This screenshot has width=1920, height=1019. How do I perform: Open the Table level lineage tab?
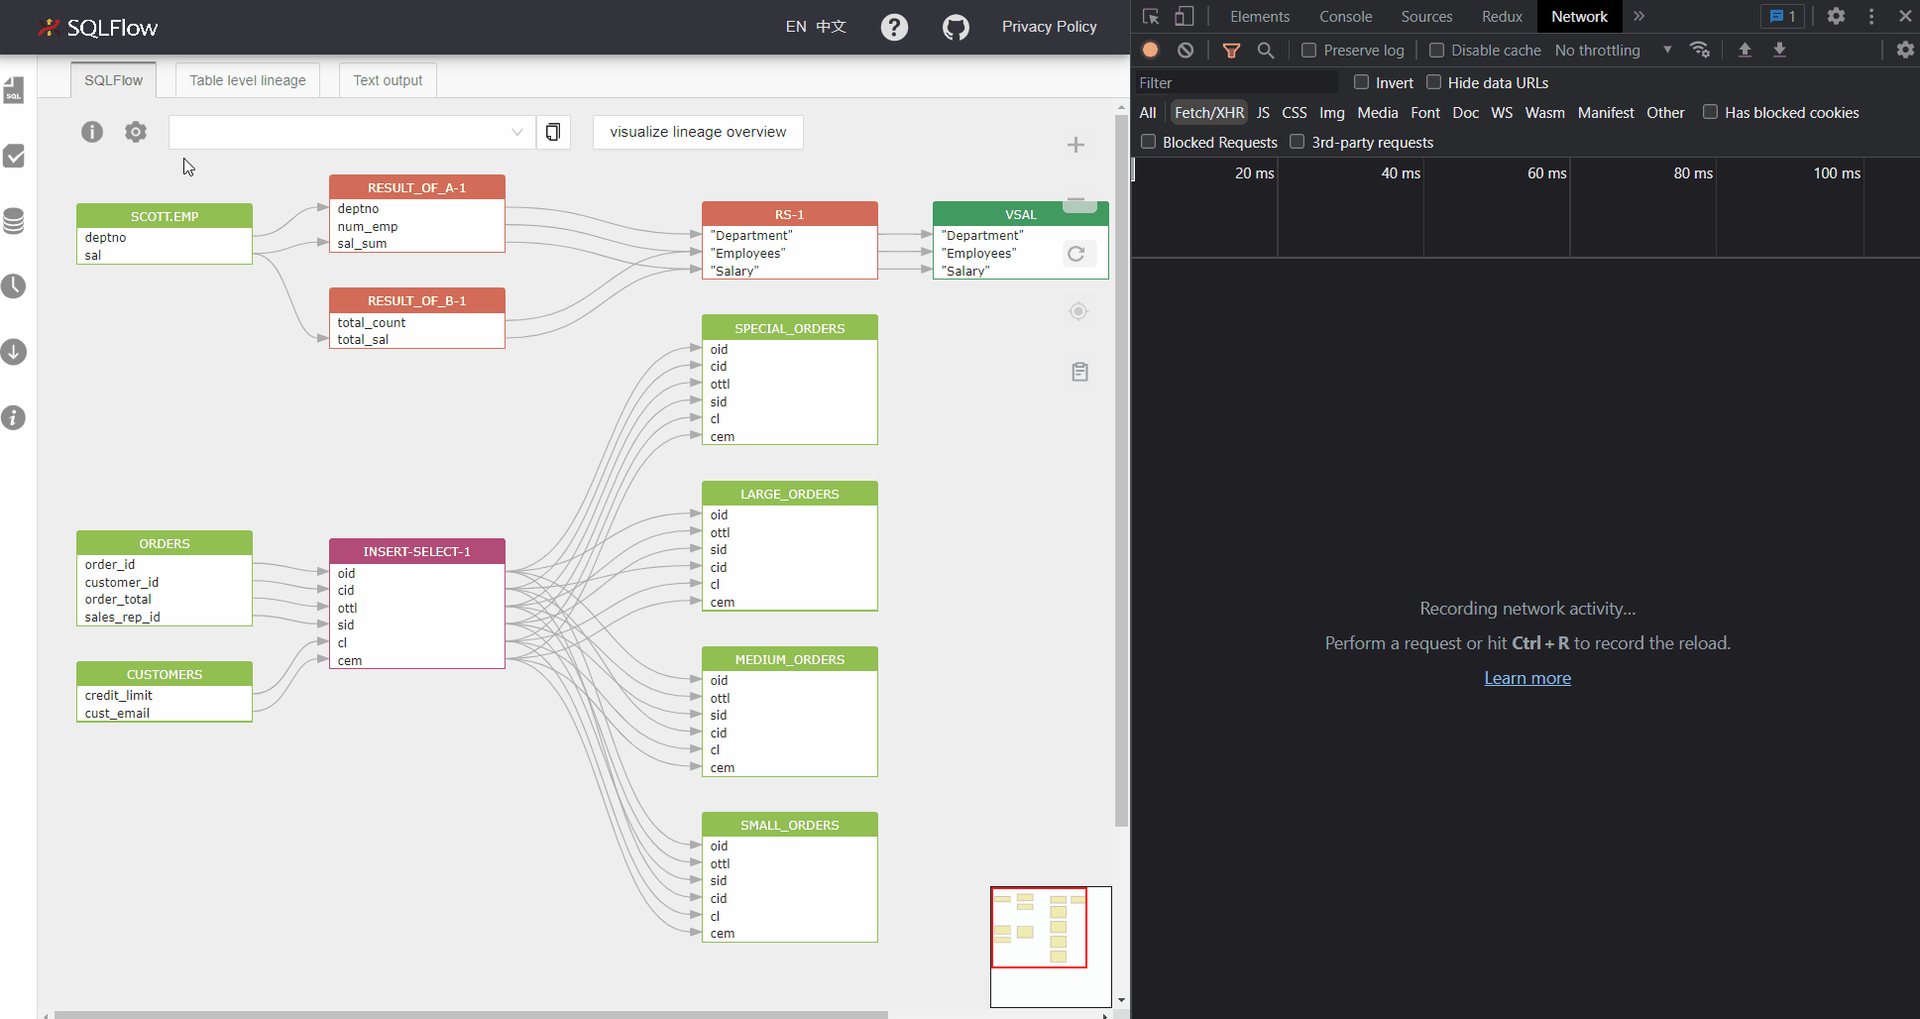[248, 80]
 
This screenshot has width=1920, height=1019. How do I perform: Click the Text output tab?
[388, 80]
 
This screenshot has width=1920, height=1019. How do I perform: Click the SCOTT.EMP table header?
[165, 216]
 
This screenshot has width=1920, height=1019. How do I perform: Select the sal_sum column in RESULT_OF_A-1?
[362, 244]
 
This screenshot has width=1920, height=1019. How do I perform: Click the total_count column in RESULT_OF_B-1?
[372, 322]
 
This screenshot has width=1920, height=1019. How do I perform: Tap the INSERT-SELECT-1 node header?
[417, 551]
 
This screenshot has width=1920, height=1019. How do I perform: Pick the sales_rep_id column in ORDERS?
[122, 617]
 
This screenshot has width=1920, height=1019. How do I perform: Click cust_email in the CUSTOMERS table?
[117, 713]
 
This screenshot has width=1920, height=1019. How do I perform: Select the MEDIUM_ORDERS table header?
[790, 659]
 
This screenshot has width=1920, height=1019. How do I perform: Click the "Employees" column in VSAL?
[978, 253]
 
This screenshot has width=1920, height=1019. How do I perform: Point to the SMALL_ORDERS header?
[790, 825]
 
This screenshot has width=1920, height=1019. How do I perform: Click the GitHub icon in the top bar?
[956, 27]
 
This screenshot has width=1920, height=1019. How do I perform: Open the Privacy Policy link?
[1049, 27]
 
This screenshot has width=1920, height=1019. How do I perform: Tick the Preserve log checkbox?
[1308, 50]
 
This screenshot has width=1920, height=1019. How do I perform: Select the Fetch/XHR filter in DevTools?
[1208, 113]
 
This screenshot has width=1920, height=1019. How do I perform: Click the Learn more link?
[1527, 678]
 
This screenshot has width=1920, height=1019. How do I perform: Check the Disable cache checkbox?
[1436, 50]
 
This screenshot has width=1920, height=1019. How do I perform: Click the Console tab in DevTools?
[1345, 17]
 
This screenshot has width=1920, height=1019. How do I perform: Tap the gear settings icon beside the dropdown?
[136, 132]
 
